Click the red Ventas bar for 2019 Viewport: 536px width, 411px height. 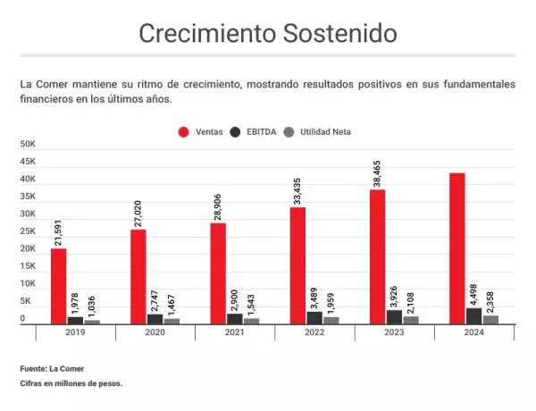(58, 285)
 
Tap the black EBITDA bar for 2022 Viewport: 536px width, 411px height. (314, 316)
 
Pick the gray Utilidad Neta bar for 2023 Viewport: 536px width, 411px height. (411, 319)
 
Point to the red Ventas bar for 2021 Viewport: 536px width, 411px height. (218, 273)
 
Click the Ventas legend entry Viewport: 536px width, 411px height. (201, 131)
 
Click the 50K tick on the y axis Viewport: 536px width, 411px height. (28, 144)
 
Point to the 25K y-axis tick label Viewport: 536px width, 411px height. (28, 231)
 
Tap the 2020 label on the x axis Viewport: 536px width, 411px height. (155, 332)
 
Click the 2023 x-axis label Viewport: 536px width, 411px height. (394, 332)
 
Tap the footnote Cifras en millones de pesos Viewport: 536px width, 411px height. (71, 383)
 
